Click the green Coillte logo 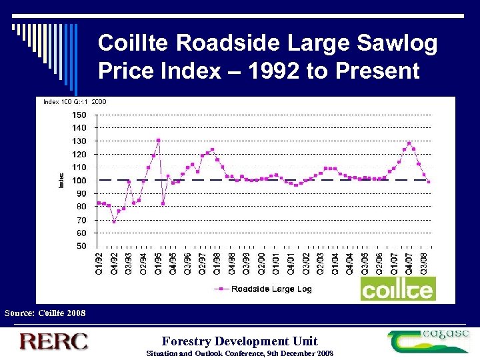click(397, 289)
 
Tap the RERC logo click(53, 341)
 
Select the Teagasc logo click(428, 341)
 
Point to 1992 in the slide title click(272, 70)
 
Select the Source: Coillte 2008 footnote click(45, 313)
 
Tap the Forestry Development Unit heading click(240, 341)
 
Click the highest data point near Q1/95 click(158, 140)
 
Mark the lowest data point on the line click(114, 221)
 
